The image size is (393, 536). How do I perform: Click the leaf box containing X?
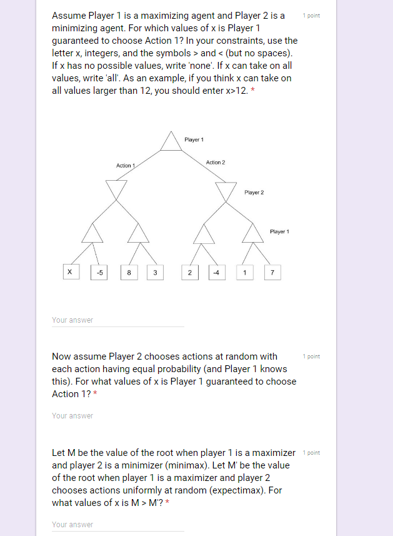(x=70, y=272)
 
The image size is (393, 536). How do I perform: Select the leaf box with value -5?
(x=100, y=272)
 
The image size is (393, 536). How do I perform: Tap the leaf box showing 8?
(x=129, y=272)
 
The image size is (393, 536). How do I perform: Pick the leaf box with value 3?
(x=155, y=272)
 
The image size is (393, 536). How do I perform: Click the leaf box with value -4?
(x=216, y=272)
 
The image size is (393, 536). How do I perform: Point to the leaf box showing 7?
(x=272, y=272)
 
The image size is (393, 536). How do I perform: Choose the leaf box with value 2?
(x=189, y=272)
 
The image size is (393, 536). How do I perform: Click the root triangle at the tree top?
(x=170, y=143)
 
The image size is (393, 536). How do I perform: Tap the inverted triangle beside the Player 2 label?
(x=226, y=190)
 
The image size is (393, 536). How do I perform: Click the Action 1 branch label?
(x=126, y=165)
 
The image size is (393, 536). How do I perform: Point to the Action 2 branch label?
(x=216, y=162)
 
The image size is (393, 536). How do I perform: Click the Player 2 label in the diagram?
(x=254, y=193)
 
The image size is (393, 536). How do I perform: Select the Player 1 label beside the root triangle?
(x=194, y=139)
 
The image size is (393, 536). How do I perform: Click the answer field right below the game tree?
(x=118, y=320)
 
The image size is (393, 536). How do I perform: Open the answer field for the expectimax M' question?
(x=118, y=524)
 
